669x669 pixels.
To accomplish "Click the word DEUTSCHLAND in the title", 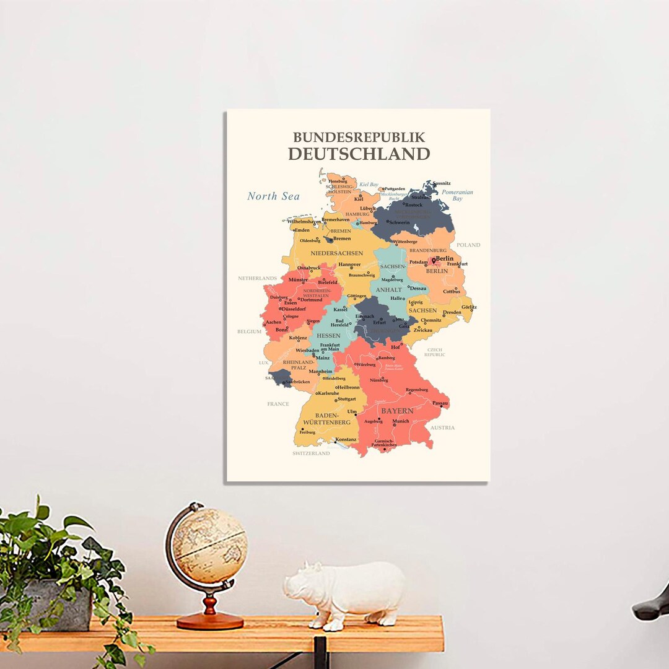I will pyautogui.click(x=359, y=153).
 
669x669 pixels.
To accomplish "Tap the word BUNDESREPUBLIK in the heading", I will pyautogui.click(x=359, y=137).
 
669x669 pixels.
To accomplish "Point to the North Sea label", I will pyautogui.click(x=273, y=196).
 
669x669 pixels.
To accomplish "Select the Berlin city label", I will pyautogui.click(x=444, y=259).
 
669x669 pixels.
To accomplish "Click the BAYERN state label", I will pyautogui.click(x=397, y=411).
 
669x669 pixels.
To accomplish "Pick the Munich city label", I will pyautogui.click(x=401, y=421).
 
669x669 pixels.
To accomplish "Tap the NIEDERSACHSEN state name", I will pyautogui.click(x=337, y=253).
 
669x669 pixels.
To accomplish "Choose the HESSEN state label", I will pyautogui.click(x=328, y=335).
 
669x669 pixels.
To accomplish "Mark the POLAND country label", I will pyautogui.click(x=468, y=245).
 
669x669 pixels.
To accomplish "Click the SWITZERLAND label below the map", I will pyautogui.click(x=311, y=453).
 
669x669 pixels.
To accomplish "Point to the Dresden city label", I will pyautogui.click(x=452, y=312).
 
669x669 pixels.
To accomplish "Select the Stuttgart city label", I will pyautogui.click(x=347, y=399).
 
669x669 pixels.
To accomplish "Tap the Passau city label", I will pyautogui.click(x=440, y=403).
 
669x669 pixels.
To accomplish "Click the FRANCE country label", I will pyautogui.click(x=278, y=404).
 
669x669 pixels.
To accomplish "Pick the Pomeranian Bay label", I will pyautogui.click(x=457, y=195).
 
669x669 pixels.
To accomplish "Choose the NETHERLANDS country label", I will pyautogui.click(x=257, y=279).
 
